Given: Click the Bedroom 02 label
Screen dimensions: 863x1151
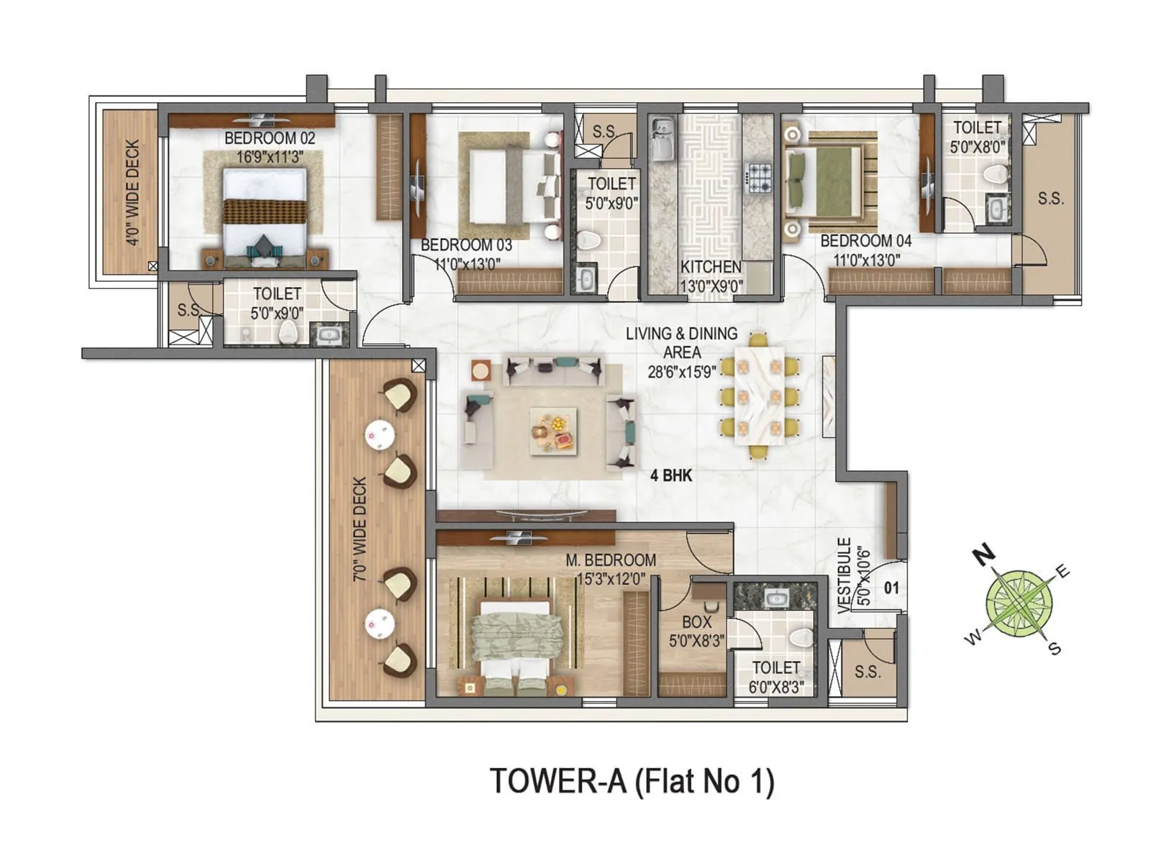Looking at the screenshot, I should (269, 138).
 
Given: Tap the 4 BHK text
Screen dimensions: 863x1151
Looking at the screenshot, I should (670, 475).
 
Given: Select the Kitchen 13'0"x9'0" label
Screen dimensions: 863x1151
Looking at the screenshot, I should (711, 276).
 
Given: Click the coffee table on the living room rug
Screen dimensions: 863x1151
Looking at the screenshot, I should (553, 431).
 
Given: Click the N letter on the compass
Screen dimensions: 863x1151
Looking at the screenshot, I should (983, 554).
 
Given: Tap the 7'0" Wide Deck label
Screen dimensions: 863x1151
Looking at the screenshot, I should (360, 529).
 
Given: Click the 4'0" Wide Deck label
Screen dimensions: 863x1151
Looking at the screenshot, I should (132, 192).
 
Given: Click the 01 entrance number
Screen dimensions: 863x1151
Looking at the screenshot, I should (891, 588).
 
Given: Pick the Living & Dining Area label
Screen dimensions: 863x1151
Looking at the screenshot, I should (681, 343).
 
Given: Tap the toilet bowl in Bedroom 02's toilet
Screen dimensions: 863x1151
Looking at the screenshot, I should (288, 332).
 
